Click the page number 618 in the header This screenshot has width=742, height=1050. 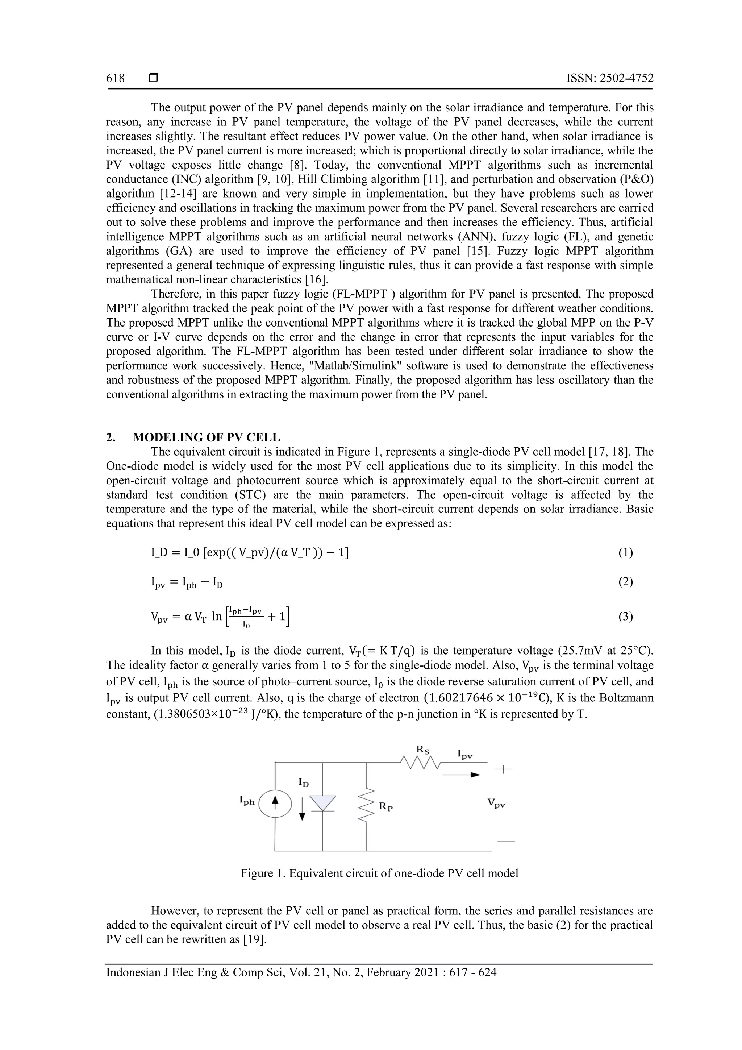pyautogui.click(x=115, y=78)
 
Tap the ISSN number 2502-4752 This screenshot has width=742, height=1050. pyautogui.click(x=610, y=78)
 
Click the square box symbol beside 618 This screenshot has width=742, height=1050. pyautogui.click(x=154, y=78)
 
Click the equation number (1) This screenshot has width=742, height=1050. pyautogui.click(x=625, y=552)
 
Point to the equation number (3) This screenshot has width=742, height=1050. pyautogui.click(x=625, y=617)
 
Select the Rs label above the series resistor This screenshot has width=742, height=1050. pyautogui.click(x=422, y=749)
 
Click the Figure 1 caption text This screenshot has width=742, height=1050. pyautogui.click(x=379, y=873)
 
